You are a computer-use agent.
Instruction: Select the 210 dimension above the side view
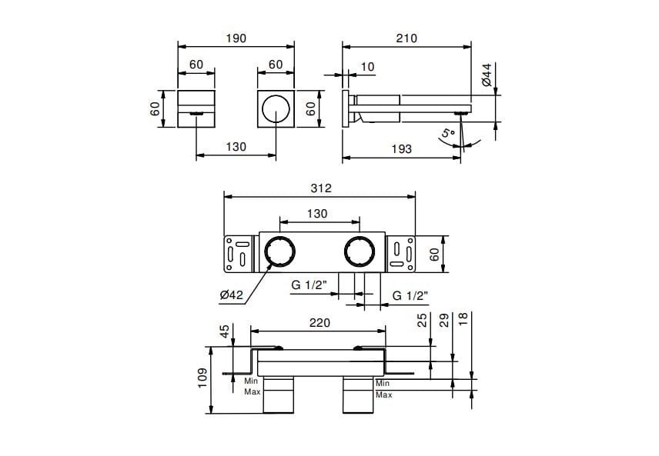coord(406,38)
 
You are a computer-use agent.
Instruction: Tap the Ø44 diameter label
coord(487,75)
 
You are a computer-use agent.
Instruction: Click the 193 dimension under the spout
coord(401,149)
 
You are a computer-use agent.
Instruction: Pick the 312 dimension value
coord(319,188)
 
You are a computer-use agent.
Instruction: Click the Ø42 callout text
coord(231,294)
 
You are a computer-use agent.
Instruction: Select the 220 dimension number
coord(319,324)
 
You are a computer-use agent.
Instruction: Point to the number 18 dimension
coord(463,321)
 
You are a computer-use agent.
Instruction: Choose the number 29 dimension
coord(443,321)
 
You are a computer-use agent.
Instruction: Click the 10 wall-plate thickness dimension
coord(367,67)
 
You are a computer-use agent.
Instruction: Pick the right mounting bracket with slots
coord(400,251)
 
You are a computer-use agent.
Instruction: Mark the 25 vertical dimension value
coord(422,321)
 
